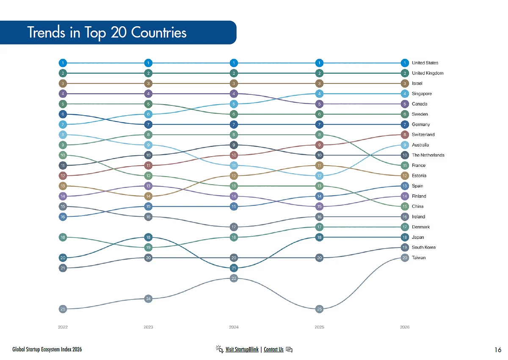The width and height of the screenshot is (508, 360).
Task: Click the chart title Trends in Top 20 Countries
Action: coord(107,33)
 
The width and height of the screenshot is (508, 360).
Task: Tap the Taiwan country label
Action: coord(418,258)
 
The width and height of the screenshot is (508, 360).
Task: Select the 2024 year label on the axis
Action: coord(234,327)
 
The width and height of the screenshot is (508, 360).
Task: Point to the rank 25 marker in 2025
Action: coord(319,309)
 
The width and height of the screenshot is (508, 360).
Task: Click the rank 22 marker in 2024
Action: coord(234,278)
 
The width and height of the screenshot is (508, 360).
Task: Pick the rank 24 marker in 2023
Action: coord(148,299)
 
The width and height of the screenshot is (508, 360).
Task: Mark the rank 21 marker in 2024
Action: coord(234,268)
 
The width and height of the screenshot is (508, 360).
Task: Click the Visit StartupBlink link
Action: coord(242,349)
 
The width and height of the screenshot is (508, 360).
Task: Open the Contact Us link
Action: coord(273,349)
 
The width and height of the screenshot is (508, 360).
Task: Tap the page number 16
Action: coord(498,350)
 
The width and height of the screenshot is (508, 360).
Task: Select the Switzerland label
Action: coord(423,135)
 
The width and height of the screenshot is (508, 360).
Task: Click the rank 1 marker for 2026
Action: coord(405,63)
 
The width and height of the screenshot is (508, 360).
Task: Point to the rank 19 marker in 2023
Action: coord(148,247)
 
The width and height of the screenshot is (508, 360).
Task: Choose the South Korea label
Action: coord(424,247)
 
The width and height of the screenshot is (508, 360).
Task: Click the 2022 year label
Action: coord(63,327)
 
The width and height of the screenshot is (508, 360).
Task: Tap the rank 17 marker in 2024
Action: coord(234,227)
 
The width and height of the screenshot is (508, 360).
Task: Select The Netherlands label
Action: coord(428,155)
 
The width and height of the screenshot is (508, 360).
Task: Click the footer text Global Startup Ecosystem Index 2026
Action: coord(47,349)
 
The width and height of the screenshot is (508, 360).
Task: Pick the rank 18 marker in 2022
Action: coord(63,237)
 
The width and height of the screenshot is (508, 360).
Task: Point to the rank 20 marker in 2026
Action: coord(405,258)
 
